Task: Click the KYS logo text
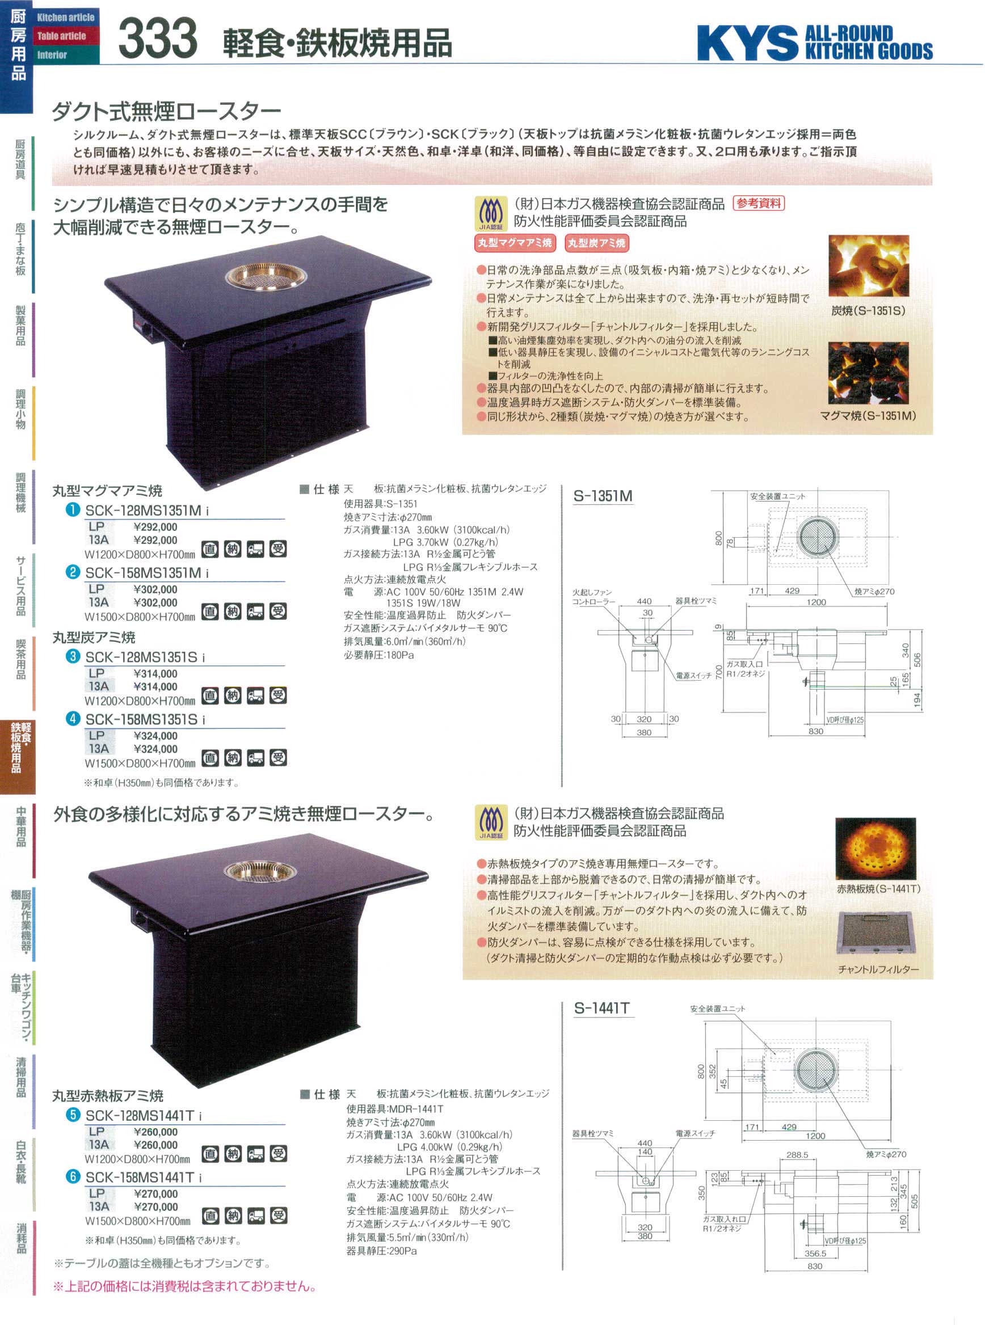pos(747,43)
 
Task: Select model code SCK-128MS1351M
pos(143,510)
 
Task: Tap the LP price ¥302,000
pos(155,589)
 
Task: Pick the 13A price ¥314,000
pos(155,687)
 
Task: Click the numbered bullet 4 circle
pos(73,719)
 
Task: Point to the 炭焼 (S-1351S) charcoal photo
pos(868,267)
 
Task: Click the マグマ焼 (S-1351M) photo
pos(868,373)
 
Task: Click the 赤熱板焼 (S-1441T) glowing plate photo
pos(875,849)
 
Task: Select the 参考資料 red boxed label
pos(759,204)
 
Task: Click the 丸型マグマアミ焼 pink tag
pos(515,243)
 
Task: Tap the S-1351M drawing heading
pos(603,496)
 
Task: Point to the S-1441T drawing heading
pos(601,1008)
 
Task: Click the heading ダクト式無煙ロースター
pos(166,112)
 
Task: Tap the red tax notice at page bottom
pos(185,1286)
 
